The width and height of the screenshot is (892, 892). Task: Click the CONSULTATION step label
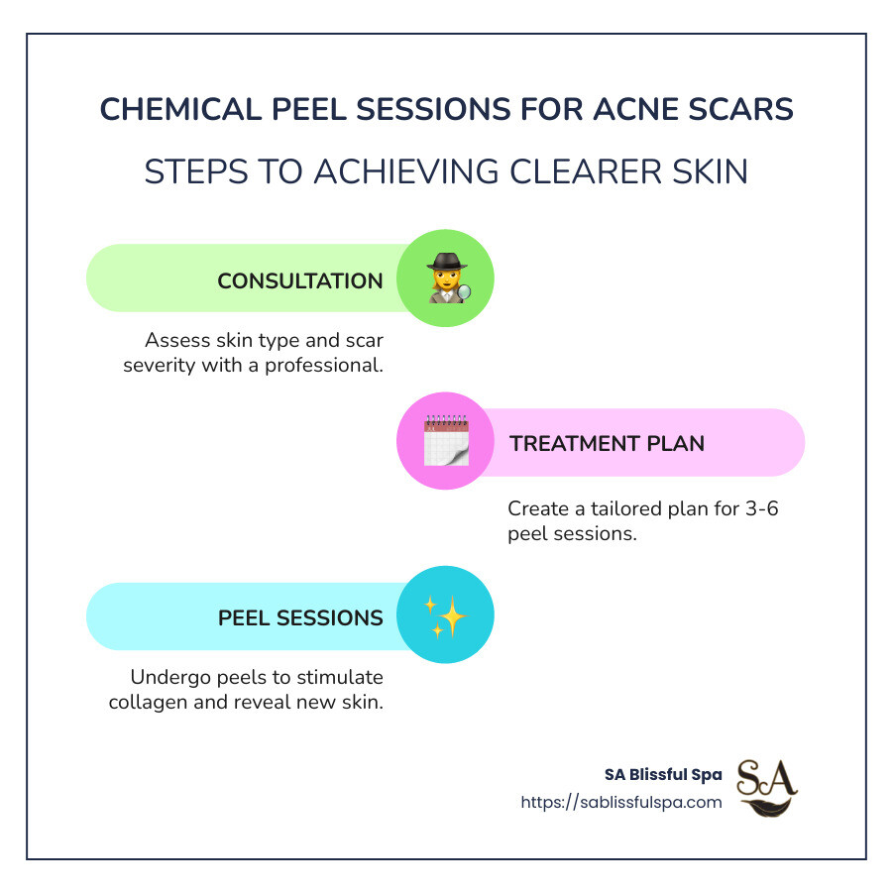click(300, 280)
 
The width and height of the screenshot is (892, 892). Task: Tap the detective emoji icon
click(446, 279)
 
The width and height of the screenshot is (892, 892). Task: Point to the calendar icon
click(445, 442)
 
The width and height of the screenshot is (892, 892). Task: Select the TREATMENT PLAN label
click(607, 443)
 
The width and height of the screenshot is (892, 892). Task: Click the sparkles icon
click(445, 616)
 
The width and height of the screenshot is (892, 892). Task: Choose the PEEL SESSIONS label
click(300, 617)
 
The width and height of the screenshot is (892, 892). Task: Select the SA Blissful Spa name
click(663, 775)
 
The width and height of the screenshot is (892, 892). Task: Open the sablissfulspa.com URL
click(621, 802)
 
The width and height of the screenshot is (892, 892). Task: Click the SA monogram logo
click(767, 788)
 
